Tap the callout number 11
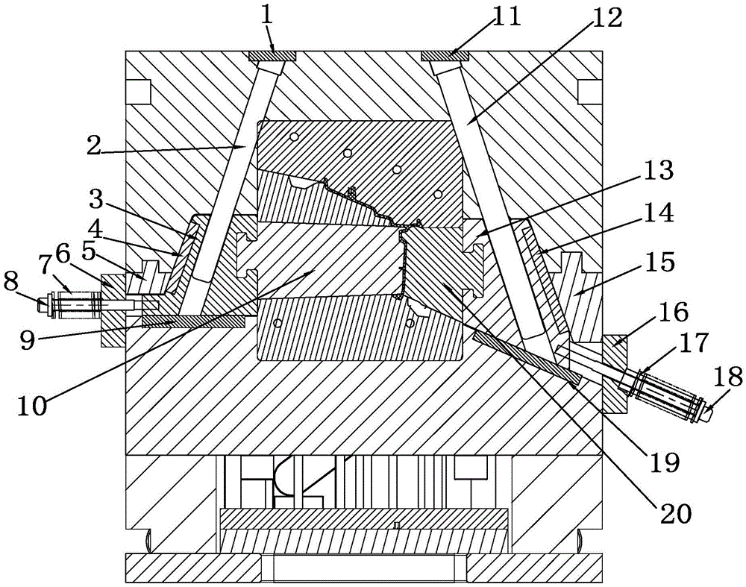507,16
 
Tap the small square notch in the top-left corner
139,91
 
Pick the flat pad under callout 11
445,55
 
